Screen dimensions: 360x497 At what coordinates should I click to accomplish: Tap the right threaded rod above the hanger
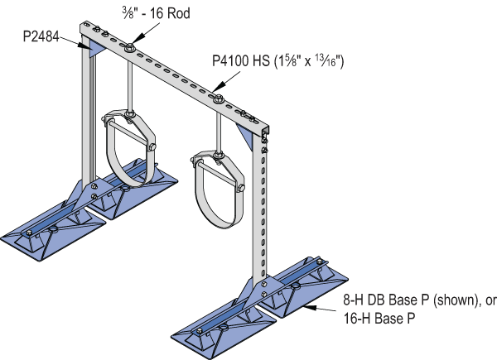click(220, 128)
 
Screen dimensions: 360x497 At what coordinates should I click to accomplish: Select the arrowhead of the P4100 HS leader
click(214, 87)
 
